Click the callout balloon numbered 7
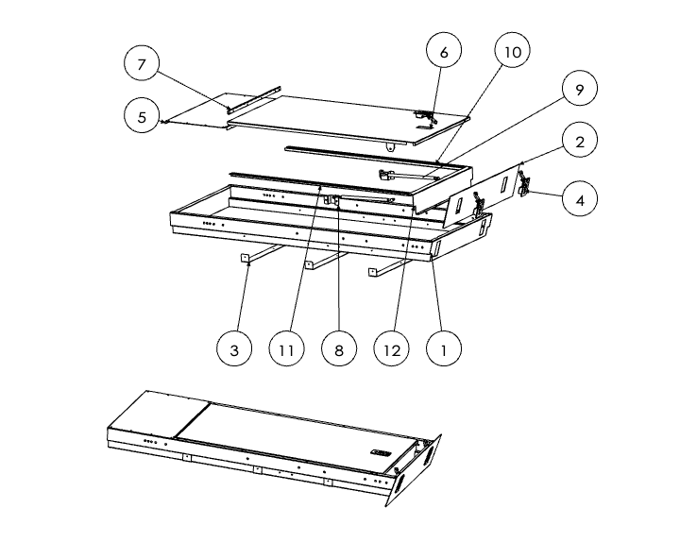[143, 64]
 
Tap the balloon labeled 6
[443, 52]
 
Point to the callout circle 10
[511, 52]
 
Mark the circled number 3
[235, 349]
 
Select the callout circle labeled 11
[287, 349]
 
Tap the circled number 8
[339, 349]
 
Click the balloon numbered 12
[392, 349]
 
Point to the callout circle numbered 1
[443, 349]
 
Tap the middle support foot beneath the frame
[309, 264]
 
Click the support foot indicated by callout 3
[245, 257]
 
